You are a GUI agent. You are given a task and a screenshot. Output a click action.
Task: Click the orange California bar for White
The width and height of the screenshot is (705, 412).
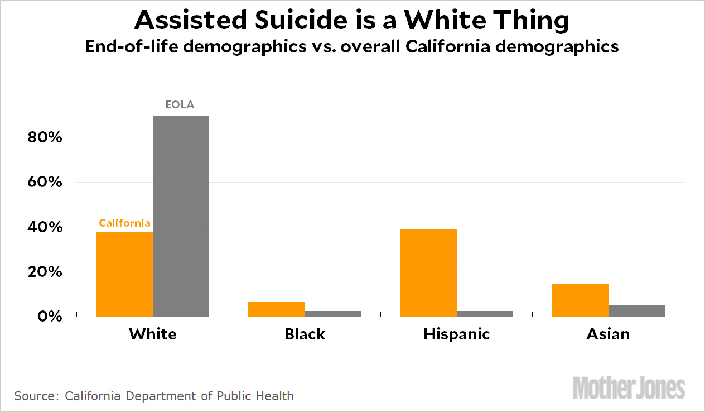[124, 274]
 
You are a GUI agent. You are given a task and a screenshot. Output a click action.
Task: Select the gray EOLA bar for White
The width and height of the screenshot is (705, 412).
[181, 216]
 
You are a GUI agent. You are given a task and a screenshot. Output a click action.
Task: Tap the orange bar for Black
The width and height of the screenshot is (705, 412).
[276, 309]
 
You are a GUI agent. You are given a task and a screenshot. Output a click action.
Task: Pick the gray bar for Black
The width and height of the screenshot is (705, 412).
[332, 314]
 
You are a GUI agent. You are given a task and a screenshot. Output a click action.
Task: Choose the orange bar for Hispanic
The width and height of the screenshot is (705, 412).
[428, 273]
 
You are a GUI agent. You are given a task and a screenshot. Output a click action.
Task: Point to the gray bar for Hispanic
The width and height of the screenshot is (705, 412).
[484, 314]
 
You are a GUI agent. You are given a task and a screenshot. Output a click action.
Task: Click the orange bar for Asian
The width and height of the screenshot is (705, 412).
[580, 300]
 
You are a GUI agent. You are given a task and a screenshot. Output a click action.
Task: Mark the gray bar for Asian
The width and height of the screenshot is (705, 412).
[636, 310]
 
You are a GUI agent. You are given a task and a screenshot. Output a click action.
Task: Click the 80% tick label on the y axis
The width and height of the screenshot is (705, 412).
[44, 137]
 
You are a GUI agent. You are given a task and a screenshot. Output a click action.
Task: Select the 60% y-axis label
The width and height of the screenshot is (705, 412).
[44, 183]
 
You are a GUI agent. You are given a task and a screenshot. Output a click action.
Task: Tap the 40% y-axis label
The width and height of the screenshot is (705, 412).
[44, 228]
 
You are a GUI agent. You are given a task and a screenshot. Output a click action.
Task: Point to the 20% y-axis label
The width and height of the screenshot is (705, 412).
[44, 272]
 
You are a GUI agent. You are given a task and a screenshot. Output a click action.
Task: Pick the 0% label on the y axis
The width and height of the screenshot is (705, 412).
[49, 317]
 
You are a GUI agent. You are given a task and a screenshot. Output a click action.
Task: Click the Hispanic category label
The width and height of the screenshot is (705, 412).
[456, 334]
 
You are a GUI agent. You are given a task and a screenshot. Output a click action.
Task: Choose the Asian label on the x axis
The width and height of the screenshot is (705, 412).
[608, 334]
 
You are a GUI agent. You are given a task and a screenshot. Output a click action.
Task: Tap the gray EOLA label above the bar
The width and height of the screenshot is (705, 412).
[180, 104]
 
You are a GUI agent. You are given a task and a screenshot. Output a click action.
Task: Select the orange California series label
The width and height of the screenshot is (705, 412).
[125, 223]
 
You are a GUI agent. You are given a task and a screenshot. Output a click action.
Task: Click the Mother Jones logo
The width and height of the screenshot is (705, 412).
[629, 388]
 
